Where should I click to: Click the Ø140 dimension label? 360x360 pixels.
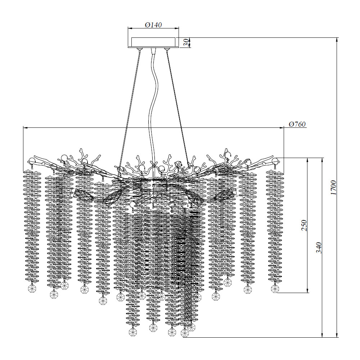(x=153, y=24)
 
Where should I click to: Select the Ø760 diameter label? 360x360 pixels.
(x=297, y=124)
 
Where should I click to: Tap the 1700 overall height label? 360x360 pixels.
(x=333, y=188)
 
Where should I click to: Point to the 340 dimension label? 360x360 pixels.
(x=319, y=248)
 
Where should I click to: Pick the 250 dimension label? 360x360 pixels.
(x=304, y=225)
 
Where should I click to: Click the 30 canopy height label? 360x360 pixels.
(x=187, y=42)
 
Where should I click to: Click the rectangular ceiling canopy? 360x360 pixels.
(x=153, y=43)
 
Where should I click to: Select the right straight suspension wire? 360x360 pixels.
(x=178, y=108)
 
